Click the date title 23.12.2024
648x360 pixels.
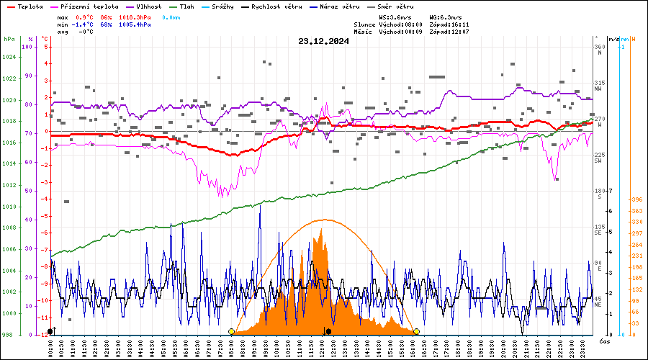[x=323, y=41]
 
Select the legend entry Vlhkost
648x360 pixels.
[x=148, y=6]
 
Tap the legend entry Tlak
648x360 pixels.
[x=190, y=6]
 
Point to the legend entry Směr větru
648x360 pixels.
[x=389, y=6]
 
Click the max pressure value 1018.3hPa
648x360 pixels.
[x=135, y=17]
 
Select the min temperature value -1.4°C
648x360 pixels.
[x=86, y=24]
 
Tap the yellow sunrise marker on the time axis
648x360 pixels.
[x=231, y=331]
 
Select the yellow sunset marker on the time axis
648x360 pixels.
[x=416, y=331]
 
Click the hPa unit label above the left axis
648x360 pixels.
[x=9, y=39]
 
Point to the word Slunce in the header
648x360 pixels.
[x=365, y=24]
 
